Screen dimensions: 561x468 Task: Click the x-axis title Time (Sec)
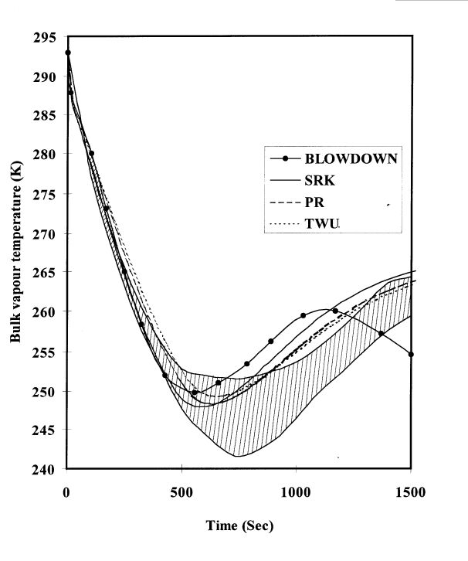click(x=239, y=526)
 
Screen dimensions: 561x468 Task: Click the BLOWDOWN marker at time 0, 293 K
click(x=68, y=53)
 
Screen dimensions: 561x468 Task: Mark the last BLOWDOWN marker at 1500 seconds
click(x=411, y=354)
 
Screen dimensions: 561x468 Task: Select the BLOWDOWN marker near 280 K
click(x=91, y=154)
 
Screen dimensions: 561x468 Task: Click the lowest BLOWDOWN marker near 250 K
click(x=195, y=393)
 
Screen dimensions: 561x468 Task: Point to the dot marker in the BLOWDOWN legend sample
click(x=286, y=159)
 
